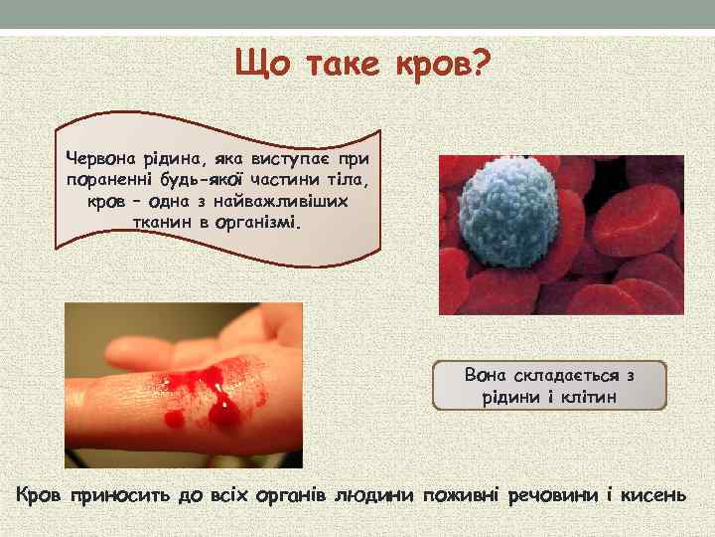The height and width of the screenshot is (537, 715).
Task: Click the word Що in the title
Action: click(x=260, y=67)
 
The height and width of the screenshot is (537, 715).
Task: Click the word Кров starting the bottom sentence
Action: click(x=39, y=493)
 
